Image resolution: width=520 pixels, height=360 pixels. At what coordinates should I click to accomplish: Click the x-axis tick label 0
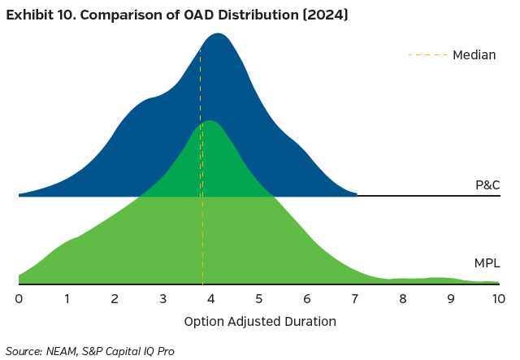coord(19,298)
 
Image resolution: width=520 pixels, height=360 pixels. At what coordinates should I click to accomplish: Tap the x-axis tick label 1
coord(67,298)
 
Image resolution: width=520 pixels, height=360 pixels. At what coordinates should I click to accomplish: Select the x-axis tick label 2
coord(115,298)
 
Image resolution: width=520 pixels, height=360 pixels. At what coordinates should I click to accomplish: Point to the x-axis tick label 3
coord(163,298)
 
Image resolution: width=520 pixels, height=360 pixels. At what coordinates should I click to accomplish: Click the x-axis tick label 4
coord(211,298)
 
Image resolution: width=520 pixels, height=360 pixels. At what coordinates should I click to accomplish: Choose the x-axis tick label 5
coord(259,298)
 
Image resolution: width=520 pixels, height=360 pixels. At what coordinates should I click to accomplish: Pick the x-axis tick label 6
coord(307,298)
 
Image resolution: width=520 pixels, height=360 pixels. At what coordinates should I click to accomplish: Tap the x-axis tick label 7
coord(355,298)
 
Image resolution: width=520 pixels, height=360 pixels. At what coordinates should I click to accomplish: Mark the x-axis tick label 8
coord(403,298)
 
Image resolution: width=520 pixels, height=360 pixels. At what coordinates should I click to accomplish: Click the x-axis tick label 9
coord(451,298)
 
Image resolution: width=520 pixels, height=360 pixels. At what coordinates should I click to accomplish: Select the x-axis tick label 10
coord(498,298)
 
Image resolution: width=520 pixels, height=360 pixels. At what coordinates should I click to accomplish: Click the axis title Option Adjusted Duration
coord(260,321)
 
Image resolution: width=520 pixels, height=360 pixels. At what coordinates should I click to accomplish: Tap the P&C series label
coord(487,185)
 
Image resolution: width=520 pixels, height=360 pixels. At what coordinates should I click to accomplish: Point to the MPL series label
coord(487,263)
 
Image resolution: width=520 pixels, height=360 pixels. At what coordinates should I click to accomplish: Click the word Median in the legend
coord(474,55)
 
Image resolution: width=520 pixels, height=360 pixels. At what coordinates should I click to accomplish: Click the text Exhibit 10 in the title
coord(41,15)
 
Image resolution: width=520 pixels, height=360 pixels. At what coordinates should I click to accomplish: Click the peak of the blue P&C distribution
coord(217,34)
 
